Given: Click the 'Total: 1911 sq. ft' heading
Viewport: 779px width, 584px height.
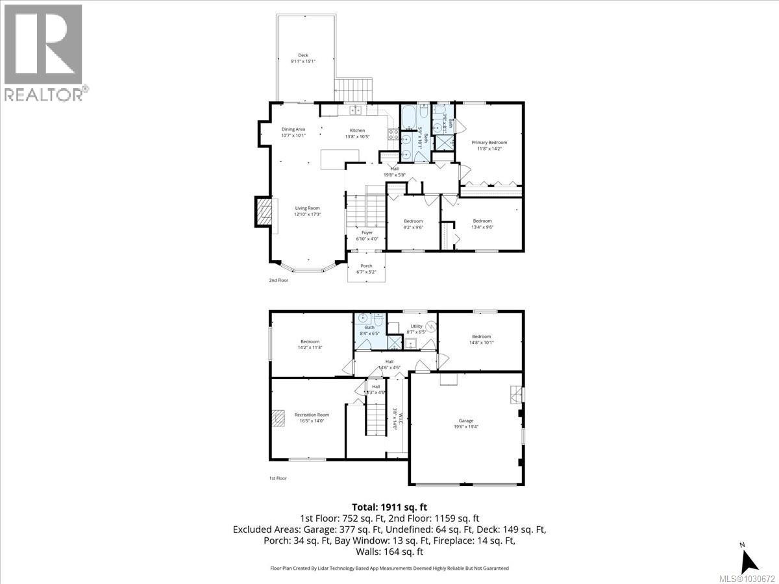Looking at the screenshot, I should pos(389,507).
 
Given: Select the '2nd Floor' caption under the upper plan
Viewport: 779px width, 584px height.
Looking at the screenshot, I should pos(278,280).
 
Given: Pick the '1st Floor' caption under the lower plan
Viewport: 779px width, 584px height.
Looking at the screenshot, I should pos(278,478).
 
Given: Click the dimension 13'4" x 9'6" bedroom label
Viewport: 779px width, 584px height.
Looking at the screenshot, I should pos(482,224).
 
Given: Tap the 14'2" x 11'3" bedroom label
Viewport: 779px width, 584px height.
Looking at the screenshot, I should pos(310,345).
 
